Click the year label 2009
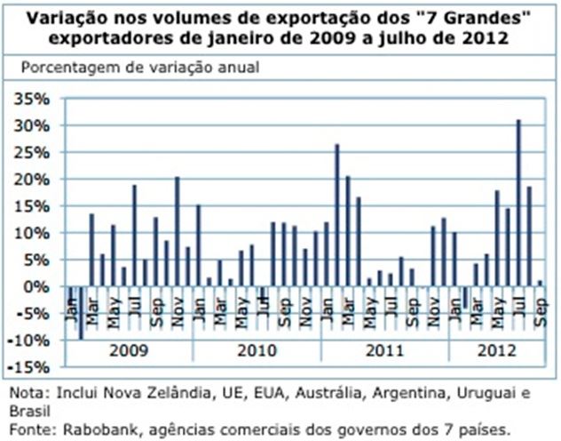click(129, 350)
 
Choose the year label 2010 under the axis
click(257, 350)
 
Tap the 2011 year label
click(385, 350)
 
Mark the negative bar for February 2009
click(81, 313)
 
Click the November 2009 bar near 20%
click(177, 231)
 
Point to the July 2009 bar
click(134, 236)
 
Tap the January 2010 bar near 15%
click(198, 245)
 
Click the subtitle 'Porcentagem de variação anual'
click(146, 68)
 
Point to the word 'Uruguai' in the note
click(494, 392)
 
